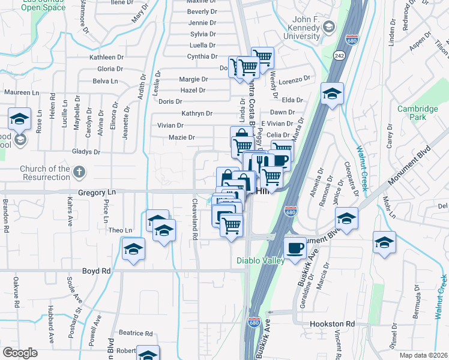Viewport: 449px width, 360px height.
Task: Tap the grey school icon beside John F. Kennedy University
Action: click(x=329, y=26)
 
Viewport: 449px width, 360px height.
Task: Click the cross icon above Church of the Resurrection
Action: click(x=79, y=173)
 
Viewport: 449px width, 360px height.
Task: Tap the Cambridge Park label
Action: click(x=418, y=113)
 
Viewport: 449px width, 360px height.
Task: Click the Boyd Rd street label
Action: click(x=97, y=271)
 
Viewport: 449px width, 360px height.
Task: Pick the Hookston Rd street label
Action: click(x=333, y=324)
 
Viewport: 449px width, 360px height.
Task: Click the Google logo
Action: click(x=20, y=353)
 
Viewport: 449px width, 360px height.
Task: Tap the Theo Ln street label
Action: click(x=119, y=230)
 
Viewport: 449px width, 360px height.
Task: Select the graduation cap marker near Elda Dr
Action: click(x=331, y=94)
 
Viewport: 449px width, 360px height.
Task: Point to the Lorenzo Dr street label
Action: click(x=297, y=79)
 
